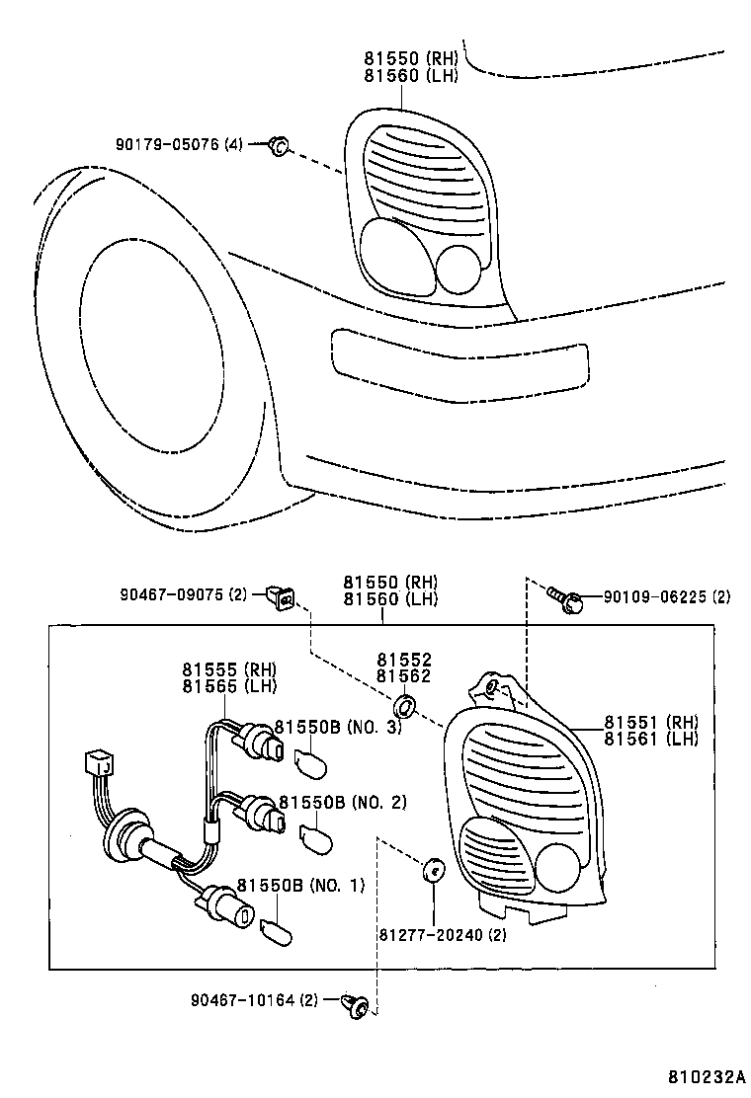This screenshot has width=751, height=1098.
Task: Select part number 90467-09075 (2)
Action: point(184,595)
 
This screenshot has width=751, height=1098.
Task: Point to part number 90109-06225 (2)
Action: point(653,597)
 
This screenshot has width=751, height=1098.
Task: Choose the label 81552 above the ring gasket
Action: point(403,660)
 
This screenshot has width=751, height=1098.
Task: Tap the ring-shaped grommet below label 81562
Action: point(404,707)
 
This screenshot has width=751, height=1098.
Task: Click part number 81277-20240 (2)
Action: point(442,935)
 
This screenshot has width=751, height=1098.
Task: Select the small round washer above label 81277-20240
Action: point(432,871)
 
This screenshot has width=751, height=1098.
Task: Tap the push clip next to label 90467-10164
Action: point(355,1006)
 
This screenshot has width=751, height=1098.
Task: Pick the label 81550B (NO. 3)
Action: point(338,728)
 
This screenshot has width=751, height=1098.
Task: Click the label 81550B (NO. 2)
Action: point(342,802)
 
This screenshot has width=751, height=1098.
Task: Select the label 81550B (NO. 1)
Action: point(299,886)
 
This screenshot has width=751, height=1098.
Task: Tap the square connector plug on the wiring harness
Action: point(99,763)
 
